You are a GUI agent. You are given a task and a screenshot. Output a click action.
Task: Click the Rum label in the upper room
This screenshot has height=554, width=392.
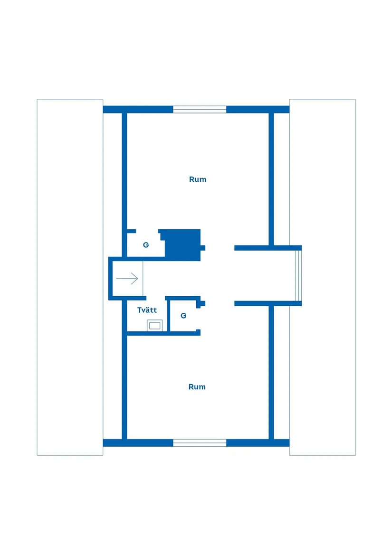197,179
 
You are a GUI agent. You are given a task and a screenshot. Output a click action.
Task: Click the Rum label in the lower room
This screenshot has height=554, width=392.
197,387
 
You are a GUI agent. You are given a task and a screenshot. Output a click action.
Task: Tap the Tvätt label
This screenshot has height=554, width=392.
147,310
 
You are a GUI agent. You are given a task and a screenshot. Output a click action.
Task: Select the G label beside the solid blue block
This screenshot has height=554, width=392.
146,245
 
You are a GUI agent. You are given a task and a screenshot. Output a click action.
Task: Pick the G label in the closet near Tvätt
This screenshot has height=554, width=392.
183,316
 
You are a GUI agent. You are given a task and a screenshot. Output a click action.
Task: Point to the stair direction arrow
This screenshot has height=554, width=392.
127,278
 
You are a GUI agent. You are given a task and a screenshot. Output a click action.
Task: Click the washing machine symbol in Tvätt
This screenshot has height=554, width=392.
154,325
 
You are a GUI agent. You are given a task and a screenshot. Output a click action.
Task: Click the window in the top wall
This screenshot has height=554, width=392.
200,109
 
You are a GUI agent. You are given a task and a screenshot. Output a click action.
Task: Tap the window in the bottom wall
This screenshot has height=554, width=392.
200,443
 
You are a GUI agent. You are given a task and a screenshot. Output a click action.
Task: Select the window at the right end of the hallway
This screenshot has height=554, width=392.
299,276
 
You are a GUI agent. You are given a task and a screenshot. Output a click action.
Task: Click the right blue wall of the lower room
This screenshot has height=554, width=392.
271,373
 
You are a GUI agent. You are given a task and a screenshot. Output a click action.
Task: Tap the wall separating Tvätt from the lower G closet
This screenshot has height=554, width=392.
168,316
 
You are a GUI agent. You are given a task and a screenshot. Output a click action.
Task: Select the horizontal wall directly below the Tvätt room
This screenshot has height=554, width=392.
164,334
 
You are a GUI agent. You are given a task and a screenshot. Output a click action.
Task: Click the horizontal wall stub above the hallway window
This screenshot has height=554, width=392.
268,248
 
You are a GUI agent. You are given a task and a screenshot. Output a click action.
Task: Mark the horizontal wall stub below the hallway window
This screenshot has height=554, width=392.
268,303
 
